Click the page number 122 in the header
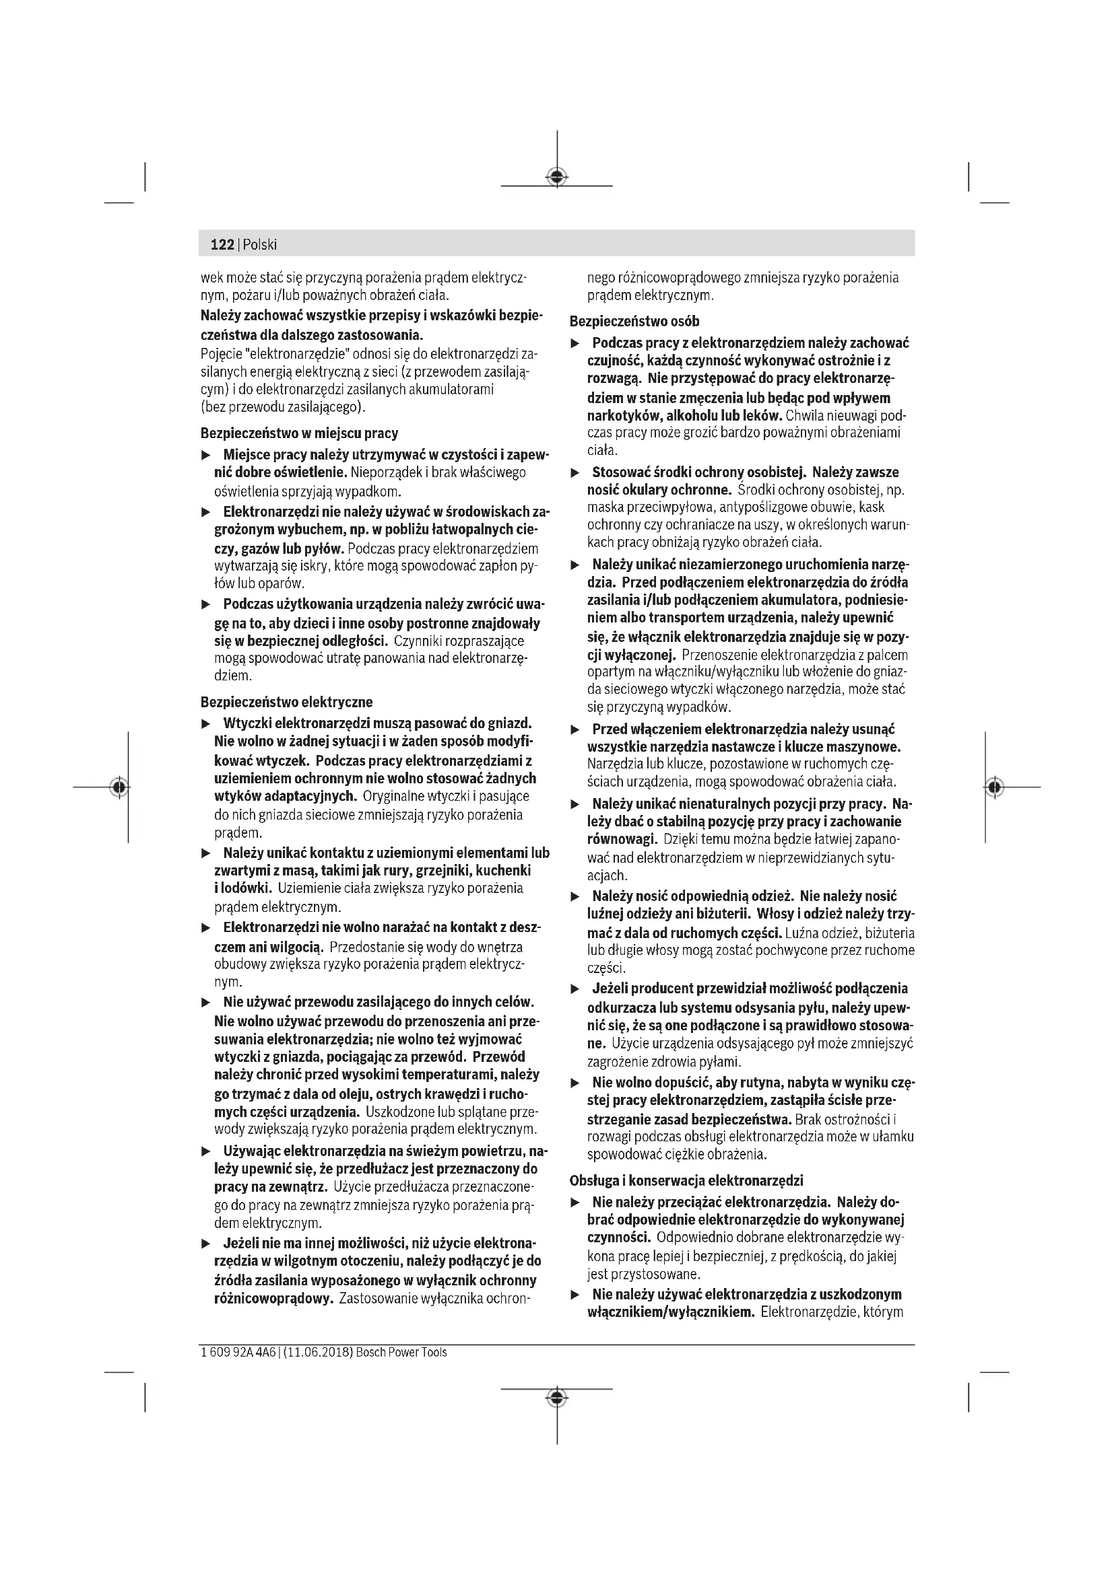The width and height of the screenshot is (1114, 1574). (222, 245)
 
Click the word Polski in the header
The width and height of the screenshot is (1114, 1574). (260, 245)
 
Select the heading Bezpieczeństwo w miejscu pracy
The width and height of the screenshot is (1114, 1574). (299, 433)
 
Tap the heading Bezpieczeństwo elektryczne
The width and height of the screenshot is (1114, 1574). (287, 702)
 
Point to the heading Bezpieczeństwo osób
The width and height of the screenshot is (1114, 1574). (634, 321)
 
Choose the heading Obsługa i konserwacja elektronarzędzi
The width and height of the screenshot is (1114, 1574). (686, 1180)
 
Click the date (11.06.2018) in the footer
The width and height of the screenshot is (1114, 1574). (317, 1352)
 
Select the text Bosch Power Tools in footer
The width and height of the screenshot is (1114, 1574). (401, 1352)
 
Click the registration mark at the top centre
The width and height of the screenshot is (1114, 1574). (557, 178)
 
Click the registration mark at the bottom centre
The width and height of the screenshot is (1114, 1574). (557, 1397)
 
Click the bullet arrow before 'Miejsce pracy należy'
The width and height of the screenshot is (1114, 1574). (205, 455)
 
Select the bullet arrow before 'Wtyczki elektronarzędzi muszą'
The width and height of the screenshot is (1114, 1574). (205, 724)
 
